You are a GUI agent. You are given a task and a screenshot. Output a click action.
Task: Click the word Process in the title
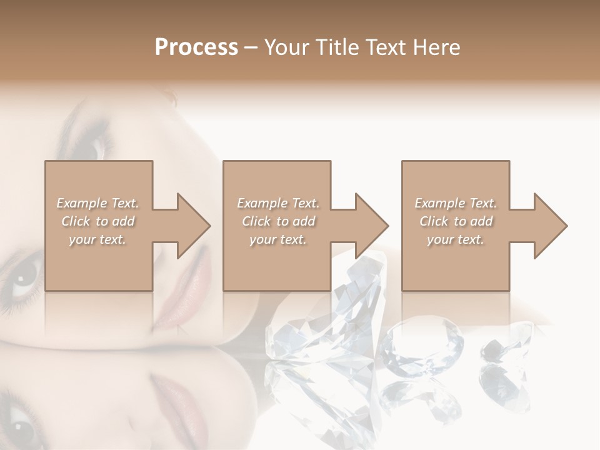(x=196, y=47)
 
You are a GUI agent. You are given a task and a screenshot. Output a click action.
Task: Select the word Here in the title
(x=436, y=47)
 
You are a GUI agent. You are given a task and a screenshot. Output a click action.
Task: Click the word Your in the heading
(x=288, y=47)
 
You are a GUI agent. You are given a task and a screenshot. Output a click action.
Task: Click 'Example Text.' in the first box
(x=97, y=203)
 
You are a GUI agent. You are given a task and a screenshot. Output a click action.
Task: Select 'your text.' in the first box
(x=97, y=239)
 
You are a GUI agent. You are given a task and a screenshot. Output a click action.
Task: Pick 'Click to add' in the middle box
(x=278, y=221)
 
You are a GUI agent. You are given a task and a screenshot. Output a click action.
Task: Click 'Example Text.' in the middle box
(x=278, y=203)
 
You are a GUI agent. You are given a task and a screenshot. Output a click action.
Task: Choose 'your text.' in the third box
(x=456, y=239)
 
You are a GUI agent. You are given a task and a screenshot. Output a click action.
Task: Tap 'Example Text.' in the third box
(x=456, y=203)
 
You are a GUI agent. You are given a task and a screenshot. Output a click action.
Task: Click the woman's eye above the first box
(x=92, y=145)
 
